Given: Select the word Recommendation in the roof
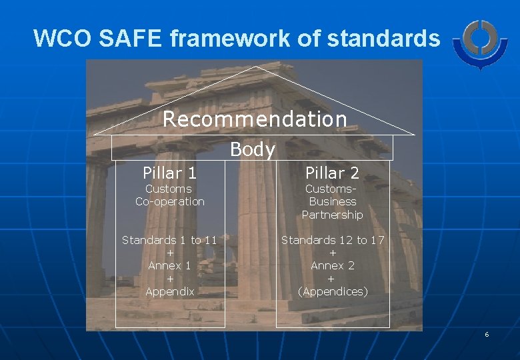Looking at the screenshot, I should [x=255, y=119].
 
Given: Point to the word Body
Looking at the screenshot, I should [x=252, y=150].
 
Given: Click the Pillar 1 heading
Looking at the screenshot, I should [x=169, y=173].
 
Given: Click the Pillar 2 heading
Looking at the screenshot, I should [x=332, y=173].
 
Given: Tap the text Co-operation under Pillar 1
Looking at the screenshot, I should [x=169, y=201].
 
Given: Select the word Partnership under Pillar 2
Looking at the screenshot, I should [x=332, y=215].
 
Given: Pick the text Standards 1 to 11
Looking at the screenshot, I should [x=169, y=240].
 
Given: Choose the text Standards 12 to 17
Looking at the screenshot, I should [x=332, y=240].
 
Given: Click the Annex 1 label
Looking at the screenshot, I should [x=169, y=265].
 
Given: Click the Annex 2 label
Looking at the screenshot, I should [x=332, y=265].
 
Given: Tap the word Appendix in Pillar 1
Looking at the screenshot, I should [x=169, y=291].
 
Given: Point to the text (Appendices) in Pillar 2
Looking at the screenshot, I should [x=332, y=291].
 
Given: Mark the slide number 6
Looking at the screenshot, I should [x=487, y=334].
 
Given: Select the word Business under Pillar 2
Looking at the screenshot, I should [x=333, y=201].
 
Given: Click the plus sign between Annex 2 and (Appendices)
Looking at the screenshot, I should [x=332, y=279].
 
